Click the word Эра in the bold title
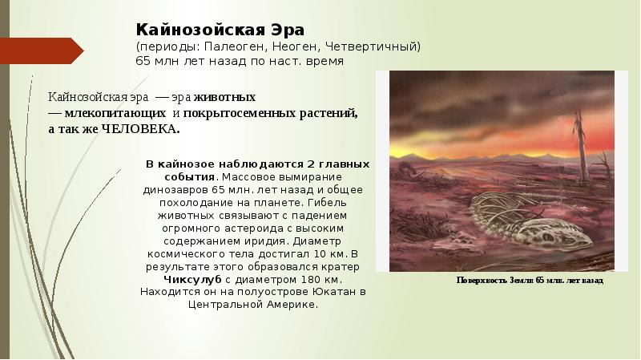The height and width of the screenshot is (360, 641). click(282, 30)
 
